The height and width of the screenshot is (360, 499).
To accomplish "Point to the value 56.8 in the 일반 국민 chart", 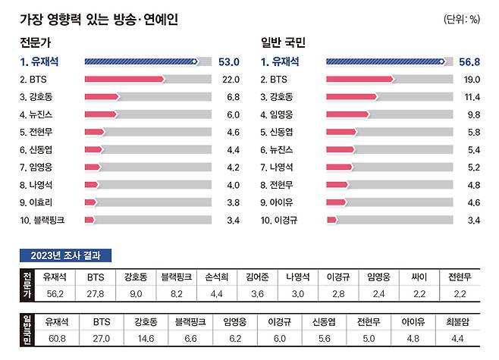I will (469, 61).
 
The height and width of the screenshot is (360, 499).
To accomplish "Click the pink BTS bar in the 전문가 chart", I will (124, 79).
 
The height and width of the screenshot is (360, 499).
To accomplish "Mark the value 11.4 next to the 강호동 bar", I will (471, 97).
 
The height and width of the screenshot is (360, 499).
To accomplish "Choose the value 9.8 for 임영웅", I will (472, 114).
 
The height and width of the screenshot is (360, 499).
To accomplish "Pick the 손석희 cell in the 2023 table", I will (232, 277).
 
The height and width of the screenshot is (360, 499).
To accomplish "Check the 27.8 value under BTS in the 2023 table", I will (95, 293).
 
